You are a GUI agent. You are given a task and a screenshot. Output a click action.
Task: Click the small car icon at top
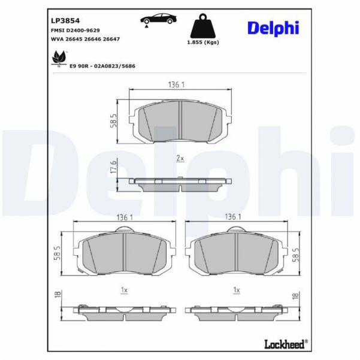[x=158, y=18]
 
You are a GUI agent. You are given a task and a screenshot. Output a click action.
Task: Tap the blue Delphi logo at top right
[x=272, y=28]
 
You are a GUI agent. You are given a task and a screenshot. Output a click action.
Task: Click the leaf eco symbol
[x=59, y=57]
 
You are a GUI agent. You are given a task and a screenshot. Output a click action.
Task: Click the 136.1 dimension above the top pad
[x=176, y=84]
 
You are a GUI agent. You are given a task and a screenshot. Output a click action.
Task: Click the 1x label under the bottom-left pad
[x=124, y=290]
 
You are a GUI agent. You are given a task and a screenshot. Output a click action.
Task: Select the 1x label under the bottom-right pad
[x=237, y=290]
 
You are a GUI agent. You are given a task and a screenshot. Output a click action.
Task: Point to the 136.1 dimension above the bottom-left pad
[x=123, y=216]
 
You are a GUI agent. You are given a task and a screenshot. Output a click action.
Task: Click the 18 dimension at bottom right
[x=295, y=296]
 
